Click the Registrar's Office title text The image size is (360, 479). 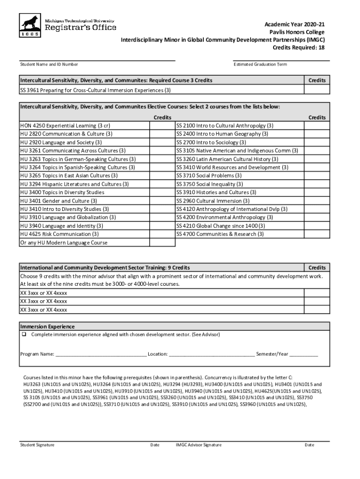80,28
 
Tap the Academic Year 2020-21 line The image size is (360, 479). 294,24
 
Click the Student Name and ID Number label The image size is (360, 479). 49,65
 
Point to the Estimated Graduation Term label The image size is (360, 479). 260,65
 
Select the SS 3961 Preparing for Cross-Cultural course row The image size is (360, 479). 95,90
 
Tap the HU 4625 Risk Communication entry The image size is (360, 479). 59,234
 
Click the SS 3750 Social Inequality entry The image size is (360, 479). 209,184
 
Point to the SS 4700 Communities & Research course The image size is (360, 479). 220,234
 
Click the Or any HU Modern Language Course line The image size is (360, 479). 64,243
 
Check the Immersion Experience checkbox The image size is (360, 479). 23,335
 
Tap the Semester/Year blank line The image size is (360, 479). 303,355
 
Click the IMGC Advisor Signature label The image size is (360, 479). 198,445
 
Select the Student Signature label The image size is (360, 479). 37,445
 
